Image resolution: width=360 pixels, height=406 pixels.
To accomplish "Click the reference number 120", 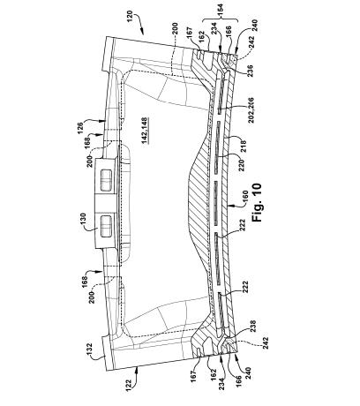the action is pyautogui.click(x=130, y=18).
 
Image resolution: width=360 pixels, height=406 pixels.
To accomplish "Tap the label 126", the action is pyautogui.click(x=80, y=128).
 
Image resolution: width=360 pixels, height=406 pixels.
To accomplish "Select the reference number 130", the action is pyautogui.click(x=83, y=220).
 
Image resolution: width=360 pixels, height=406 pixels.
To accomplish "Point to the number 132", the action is pyautogui.click(x=90, y=350).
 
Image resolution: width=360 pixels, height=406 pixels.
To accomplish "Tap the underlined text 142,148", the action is pyautogui.click(x=145, y=131).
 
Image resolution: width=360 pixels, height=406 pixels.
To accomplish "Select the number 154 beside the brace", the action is pyautogui.click(x=220, y=11).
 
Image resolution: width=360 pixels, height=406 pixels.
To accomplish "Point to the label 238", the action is pyautogui.click(x=252, y=327).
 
